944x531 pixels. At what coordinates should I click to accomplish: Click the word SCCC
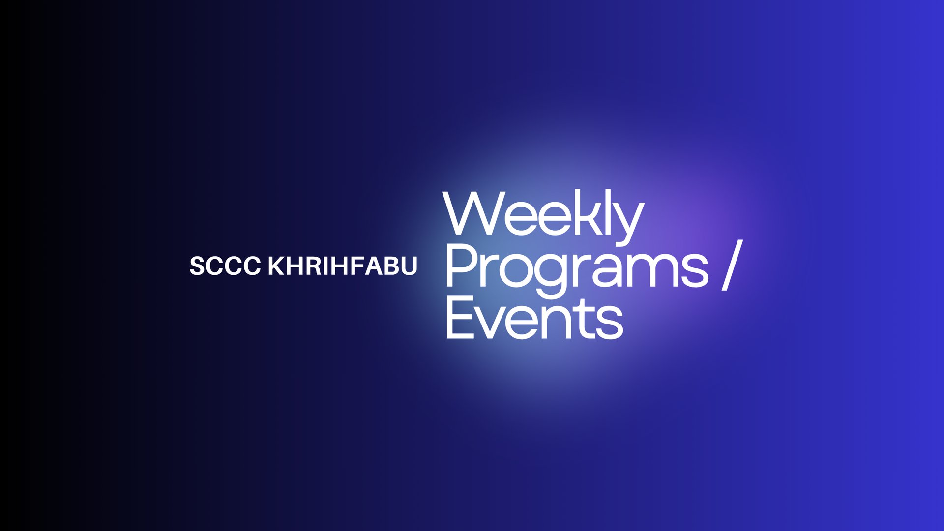point(225,266)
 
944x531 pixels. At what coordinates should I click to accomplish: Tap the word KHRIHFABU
point(342,266)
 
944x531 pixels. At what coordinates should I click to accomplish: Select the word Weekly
point(543,218)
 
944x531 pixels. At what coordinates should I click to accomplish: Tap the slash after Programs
point(732,265)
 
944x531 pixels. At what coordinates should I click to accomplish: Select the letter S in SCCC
point(198,266)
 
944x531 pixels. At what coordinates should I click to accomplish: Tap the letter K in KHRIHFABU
point(276,266)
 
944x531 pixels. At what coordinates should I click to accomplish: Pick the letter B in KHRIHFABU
point(392,266)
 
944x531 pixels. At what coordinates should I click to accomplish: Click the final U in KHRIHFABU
point(409,266)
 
